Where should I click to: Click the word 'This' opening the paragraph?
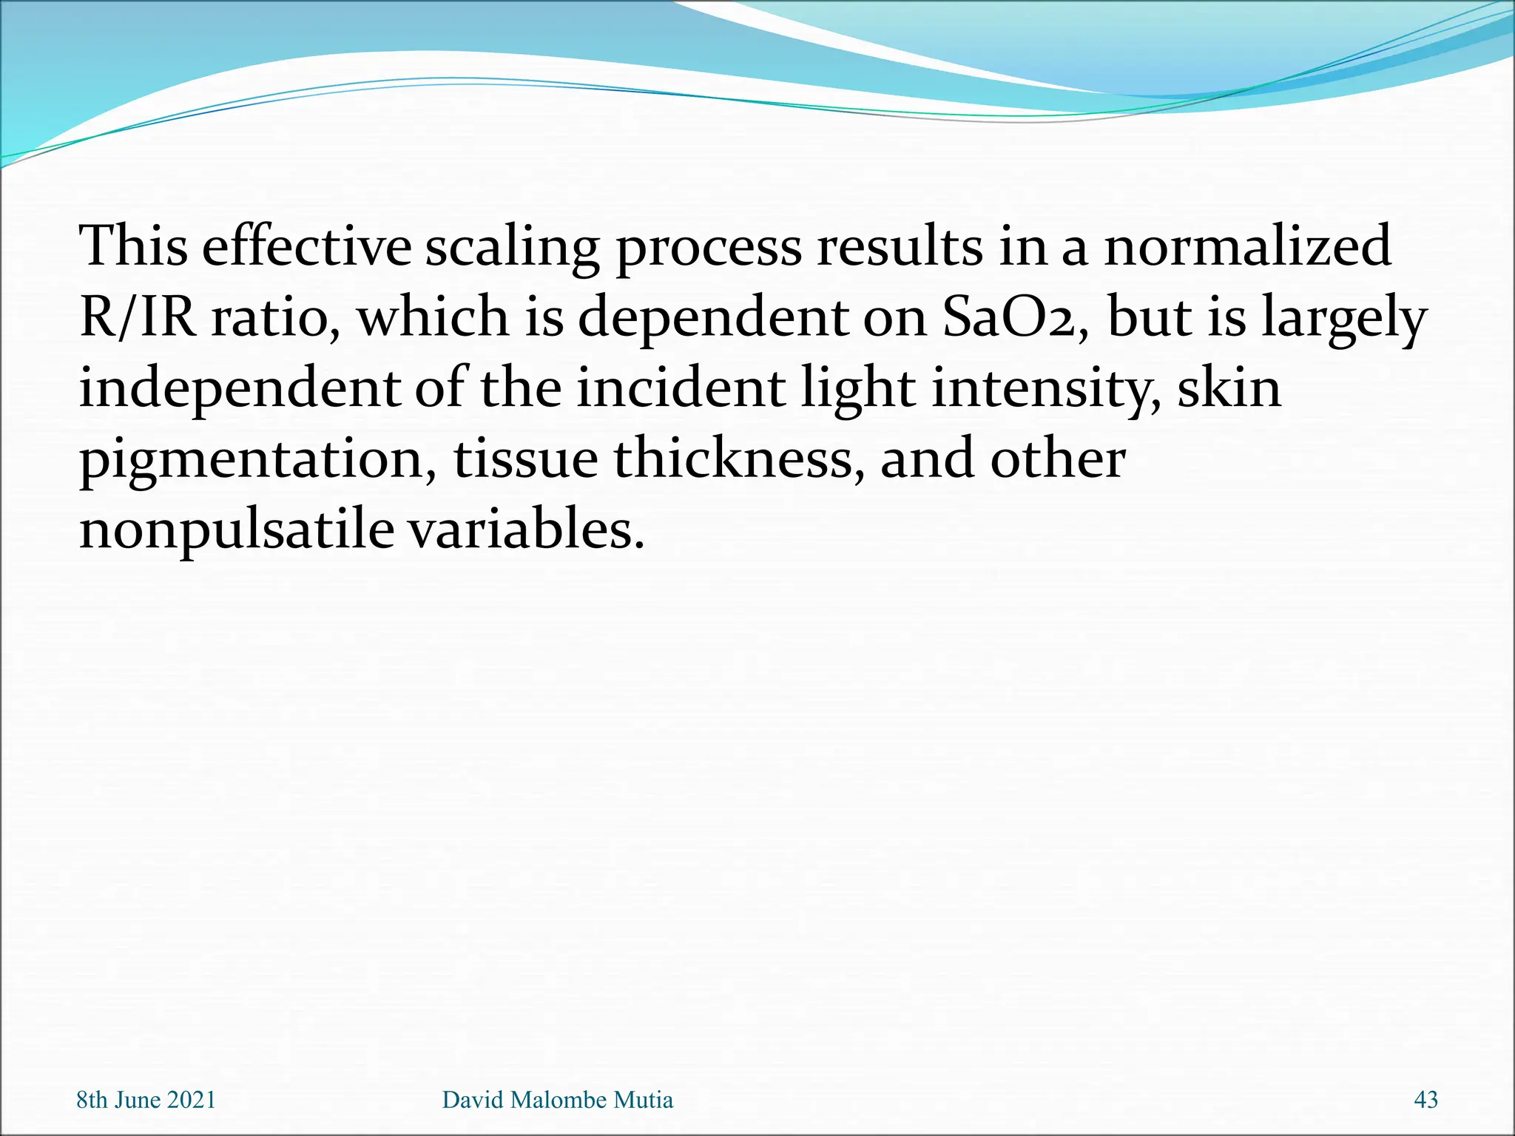(x=133, y=246)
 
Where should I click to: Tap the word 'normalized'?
(x=1247, y=246)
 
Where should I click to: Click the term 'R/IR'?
(x=138, y=317)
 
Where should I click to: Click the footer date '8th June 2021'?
(x=146, y=1100)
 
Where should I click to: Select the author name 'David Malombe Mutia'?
(x=557, y=1100)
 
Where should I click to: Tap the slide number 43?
(x=1425, y=1100)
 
